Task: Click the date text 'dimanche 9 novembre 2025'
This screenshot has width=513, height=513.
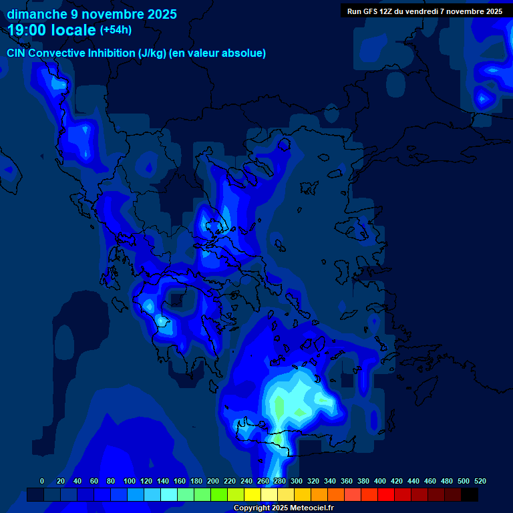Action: click(92, 14)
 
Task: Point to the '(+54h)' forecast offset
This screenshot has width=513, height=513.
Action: click(116, 29)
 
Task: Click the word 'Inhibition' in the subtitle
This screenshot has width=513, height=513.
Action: click(112, 53)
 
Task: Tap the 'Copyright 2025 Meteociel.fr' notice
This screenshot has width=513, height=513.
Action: click(283, 508)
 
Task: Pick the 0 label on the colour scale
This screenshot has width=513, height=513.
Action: click(42, 481)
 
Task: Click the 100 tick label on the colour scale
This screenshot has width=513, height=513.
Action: click(129, 481)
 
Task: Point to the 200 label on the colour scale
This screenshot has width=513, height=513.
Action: click(213, 481)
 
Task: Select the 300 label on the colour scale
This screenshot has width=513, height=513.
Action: click(297, 481)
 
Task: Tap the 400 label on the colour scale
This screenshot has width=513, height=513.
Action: click(380, 481)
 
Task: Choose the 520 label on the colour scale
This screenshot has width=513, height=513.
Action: click(480, 481)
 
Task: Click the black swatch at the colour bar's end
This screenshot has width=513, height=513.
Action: click(469, 495)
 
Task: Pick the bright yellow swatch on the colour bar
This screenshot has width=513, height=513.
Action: click(252, 495)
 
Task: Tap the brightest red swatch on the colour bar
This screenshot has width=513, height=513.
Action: click(385, 495)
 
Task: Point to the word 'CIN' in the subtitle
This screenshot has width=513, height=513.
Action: click(17, 53)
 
